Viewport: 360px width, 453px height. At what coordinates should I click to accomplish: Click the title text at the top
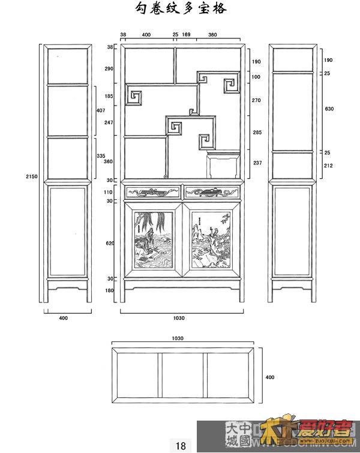pos(181,8)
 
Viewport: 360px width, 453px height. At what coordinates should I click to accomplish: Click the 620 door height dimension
pos(110,243)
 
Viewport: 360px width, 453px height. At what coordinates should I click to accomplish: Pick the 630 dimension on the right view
pos(329,109)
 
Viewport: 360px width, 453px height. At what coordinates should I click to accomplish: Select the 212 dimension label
pos(329,166)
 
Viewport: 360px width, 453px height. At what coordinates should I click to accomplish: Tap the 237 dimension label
pos(256,163)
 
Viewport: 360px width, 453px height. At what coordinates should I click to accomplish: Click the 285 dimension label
pos(256,132)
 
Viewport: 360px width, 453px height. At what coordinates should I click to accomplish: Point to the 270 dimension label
pos(256,100)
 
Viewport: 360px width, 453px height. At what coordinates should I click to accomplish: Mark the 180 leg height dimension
pos(110,291)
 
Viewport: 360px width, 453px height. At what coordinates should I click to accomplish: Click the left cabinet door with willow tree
pos(152,241)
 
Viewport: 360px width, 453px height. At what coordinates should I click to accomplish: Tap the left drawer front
pos(152,192)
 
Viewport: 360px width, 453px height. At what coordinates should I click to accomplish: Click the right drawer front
pos(212,192)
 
